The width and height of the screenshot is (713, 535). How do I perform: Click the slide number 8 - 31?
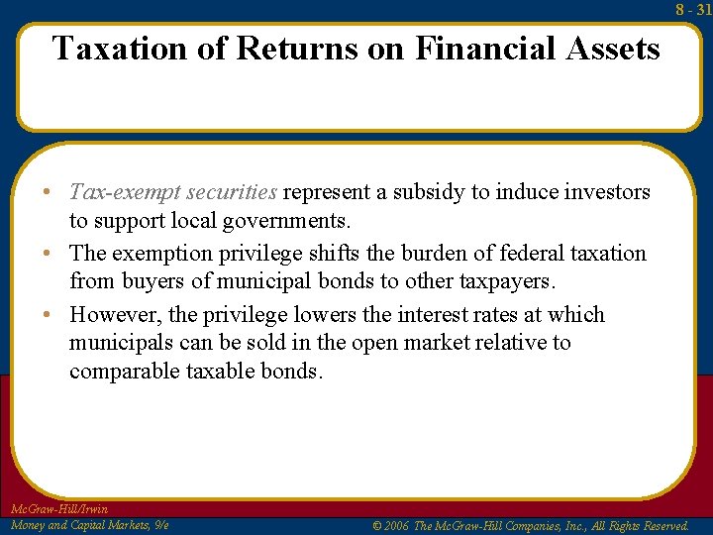(x=693, y=9)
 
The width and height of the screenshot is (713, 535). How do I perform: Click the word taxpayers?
(x=507, y=281)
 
